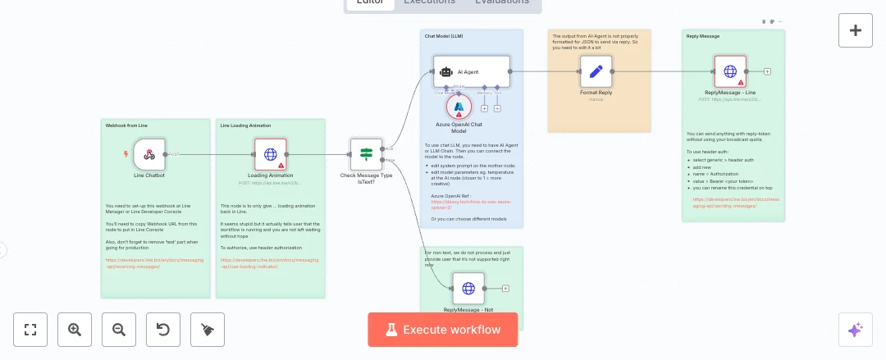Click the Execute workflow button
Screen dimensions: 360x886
coord(443,330)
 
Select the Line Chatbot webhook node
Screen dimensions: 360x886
coord(149,153)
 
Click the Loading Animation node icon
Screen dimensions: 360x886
coord(270,153)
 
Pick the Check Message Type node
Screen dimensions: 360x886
coord(366,153)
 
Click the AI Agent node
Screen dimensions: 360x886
coord(472,72)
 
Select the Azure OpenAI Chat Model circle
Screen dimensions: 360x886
coord(459,107)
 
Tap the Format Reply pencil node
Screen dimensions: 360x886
coord(596,71)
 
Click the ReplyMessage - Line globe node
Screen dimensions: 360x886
coord(730,71)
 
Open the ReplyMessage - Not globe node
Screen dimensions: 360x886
coord(468,289)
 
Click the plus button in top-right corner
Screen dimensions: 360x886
coord(855,30)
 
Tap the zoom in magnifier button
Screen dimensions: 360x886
coord(75,330)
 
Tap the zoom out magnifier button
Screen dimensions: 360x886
coord(119,330)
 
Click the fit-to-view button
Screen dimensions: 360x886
coord(30,330)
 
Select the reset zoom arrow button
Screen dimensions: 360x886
coord(163,330)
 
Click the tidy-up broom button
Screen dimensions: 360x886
coord(208,330)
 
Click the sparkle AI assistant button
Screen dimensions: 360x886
coord(855,330)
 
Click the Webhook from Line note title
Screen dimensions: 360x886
coord(126,125)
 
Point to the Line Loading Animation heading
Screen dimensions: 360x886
coord(245,125)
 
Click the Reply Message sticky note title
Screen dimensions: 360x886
coord(702,36)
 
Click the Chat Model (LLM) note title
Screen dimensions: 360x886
coord(444,37)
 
